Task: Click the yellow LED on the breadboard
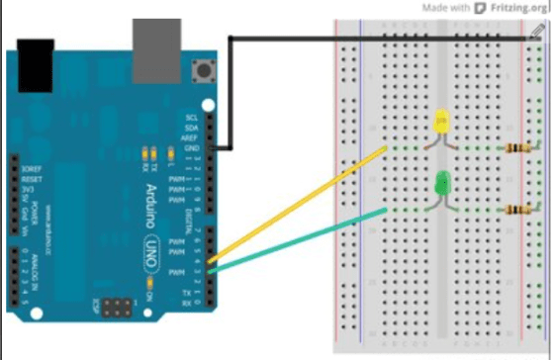(x=441, y=123)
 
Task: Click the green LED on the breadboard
(x=442, y=182)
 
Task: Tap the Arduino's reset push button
(x=207, y=70)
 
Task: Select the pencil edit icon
(x=536, y=33)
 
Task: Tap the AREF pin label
(x=190, y=138)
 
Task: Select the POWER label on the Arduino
(x=35, y=212)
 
